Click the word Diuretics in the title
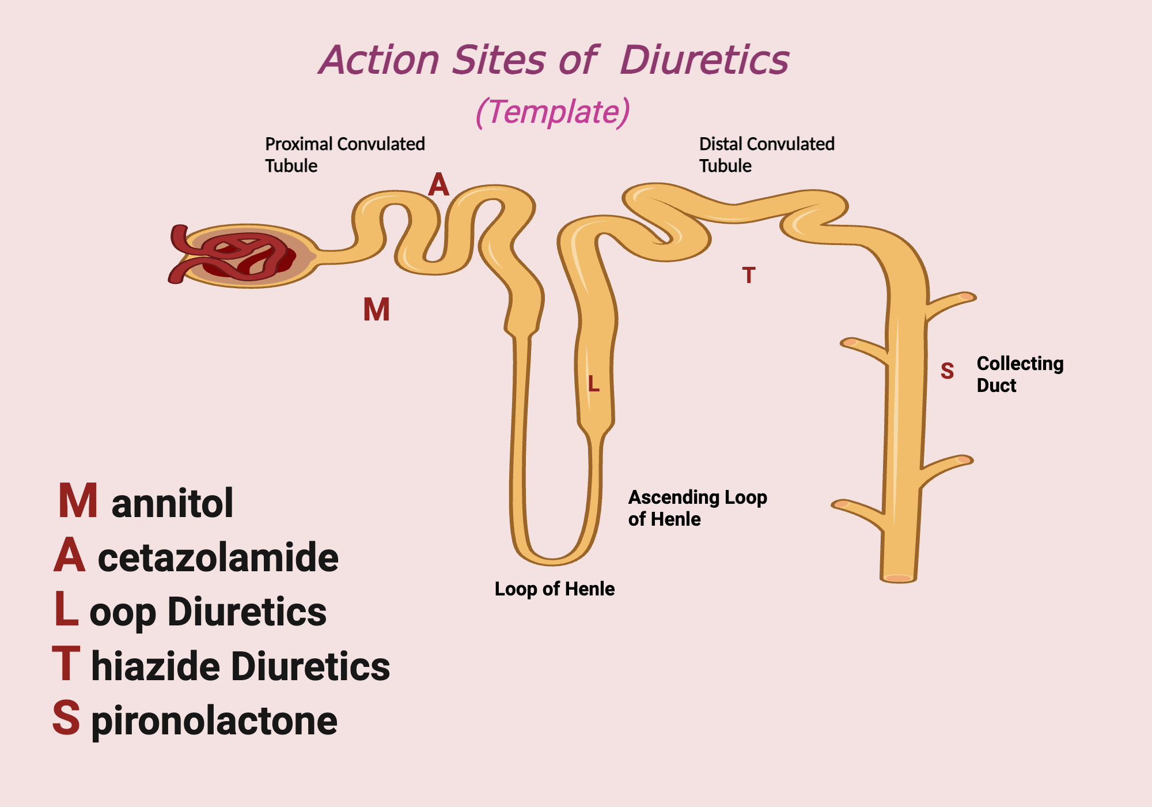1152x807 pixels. [704, 60]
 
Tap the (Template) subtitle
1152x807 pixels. [552, 112]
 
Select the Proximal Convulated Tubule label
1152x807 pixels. [344, 154]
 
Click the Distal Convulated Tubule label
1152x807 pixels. [766, 154]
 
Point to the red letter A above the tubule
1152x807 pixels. [438, 185]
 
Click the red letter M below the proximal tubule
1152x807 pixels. [376, 310]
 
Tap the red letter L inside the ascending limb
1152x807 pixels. [594, 384]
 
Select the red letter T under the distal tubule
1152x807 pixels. [748, 276]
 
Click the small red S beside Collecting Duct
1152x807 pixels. [947, 371]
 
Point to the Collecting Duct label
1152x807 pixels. [1020, 374]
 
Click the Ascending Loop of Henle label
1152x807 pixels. [697, 508]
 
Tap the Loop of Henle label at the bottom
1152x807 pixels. [554, 589]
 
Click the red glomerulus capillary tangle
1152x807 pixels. [242, 255]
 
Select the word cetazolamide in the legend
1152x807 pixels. [218, 557]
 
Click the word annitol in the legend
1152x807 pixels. [172, 503]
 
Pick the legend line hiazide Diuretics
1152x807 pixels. [240, 666]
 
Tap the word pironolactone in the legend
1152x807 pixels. [214, 721]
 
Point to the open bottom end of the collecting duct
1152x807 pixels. [898, 578]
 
